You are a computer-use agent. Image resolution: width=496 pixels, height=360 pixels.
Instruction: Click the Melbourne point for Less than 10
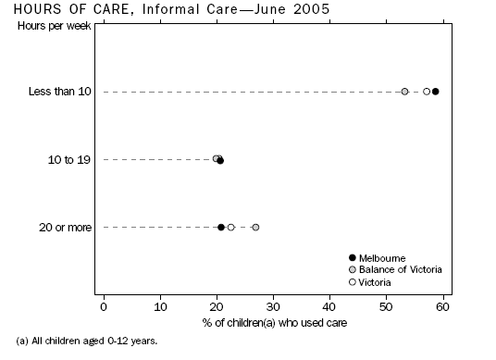[x=436, y=92]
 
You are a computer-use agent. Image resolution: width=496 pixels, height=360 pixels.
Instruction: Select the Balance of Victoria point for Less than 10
[x=404, y=92]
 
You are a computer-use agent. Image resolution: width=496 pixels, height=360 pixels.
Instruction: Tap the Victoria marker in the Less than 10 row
[x=427, y=92]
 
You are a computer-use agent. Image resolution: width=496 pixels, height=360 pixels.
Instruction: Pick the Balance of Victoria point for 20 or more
[x=255, y=227]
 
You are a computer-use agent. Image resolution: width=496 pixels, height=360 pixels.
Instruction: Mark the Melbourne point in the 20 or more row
[x=221, y=227]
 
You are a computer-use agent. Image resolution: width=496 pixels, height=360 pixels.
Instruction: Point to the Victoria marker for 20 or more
[x=231, y=227]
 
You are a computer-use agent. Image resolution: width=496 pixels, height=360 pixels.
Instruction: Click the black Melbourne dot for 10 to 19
[x=220, y=160]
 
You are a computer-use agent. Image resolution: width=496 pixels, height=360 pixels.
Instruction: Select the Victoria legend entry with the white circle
[x=375, y=281]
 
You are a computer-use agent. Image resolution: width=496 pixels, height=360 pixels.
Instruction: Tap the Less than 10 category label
[x=59, y=92]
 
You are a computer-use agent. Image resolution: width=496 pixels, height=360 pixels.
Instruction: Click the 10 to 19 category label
[x=69, y=160]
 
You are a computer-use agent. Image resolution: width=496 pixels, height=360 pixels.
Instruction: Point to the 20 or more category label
[x=64, y=228]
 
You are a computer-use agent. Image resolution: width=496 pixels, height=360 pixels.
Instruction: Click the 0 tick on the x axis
[x=103, y=306]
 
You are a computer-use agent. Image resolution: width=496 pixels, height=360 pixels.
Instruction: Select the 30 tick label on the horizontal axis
[x=273, y=306]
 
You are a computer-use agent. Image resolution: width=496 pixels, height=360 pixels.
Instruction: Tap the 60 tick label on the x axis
[x=442, y=306]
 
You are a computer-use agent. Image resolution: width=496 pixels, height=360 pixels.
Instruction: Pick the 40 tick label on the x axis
[x=329, y=306]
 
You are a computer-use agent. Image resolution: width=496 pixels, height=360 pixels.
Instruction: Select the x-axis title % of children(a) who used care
[x=273, y=322]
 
